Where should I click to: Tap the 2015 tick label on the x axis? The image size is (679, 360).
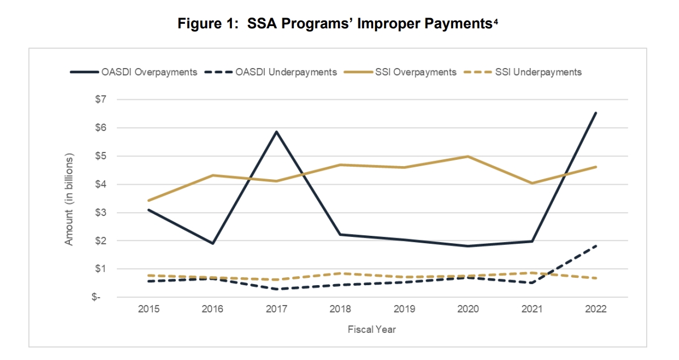(148, 310)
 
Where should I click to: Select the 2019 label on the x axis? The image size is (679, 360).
(404, 310)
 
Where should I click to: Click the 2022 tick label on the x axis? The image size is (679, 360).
(596, 310)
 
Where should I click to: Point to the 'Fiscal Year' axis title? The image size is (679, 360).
(372, 329)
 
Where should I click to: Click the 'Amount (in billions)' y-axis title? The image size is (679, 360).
(69, 198)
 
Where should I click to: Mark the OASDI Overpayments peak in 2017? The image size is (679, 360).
(276, 132)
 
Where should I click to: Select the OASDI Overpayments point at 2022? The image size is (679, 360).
(596, 113)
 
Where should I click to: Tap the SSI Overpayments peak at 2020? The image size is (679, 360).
(468, 156)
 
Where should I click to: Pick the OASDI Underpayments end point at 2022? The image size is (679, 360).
(596, 245)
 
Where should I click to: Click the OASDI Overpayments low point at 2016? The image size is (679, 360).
(212, 243)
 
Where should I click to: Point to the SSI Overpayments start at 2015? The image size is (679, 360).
(148, 201)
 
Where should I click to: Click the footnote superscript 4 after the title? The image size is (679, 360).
(496, 21)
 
